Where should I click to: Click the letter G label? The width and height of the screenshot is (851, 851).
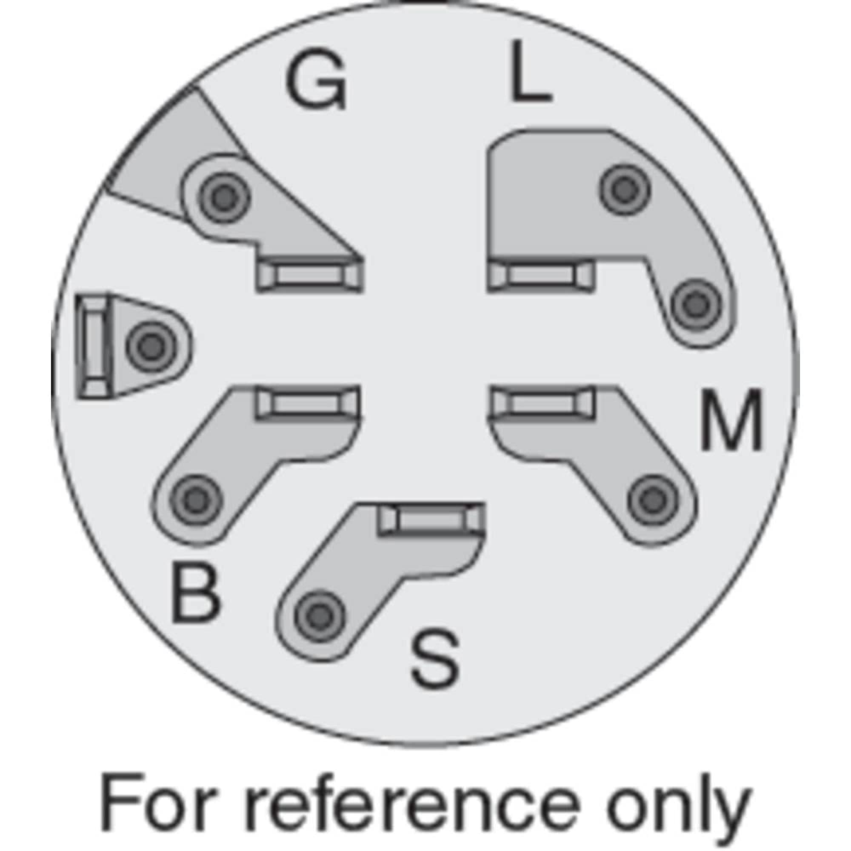pos(315,80)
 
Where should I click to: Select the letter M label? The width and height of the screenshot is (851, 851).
pos(731,420)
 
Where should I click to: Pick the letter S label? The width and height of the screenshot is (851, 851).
pos(435,660)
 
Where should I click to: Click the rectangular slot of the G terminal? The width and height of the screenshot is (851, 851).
pos(310,276)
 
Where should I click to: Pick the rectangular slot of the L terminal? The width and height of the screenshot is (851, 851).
pos(542,276)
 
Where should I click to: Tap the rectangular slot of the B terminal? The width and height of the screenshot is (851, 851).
pos(308,402)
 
